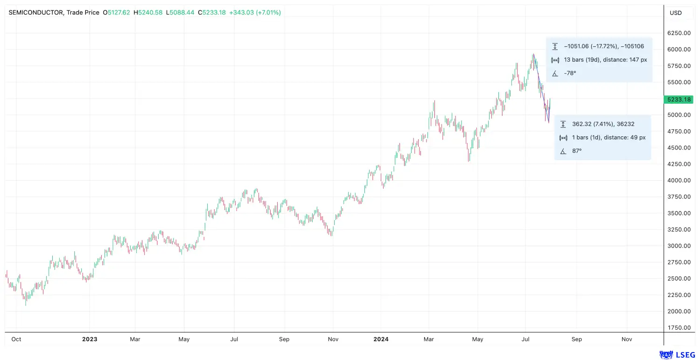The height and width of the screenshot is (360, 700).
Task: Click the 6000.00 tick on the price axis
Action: pos(679,49)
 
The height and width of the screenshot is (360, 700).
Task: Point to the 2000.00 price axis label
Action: pos(679,311)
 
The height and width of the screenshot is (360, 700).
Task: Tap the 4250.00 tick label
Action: pos(679,164)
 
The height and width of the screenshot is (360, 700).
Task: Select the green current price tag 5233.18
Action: pos(679,99)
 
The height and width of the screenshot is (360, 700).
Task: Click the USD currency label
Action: pos(676,13)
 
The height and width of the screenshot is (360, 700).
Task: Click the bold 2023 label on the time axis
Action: pos(90,339)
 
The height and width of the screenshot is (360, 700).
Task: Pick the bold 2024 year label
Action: pos(381,339)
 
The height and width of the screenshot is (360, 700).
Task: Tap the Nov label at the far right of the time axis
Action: pos(627,339)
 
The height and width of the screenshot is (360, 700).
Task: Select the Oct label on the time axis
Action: pos(16,339)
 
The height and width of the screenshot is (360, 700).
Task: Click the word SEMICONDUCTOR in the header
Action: pos(36,13)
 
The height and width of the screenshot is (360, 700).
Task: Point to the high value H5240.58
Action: pos(148,13)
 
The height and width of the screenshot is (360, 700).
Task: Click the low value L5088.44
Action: pos(180,13)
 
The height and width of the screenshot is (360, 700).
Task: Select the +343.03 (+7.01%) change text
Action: pos(255,13)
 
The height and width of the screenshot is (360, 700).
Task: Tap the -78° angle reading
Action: pos(570,73)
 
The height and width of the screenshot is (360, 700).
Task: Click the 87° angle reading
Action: pos(577,151)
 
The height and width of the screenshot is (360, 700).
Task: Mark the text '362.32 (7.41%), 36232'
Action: pos(603,124)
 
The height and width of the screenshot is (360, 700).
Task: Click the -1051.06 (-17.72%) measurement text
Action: pos(591,46)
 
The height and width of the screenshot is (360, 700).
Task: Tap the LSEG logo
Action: pos(678,355)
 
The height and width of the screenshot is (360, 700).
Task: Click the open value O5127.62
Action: pos(116,13)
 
